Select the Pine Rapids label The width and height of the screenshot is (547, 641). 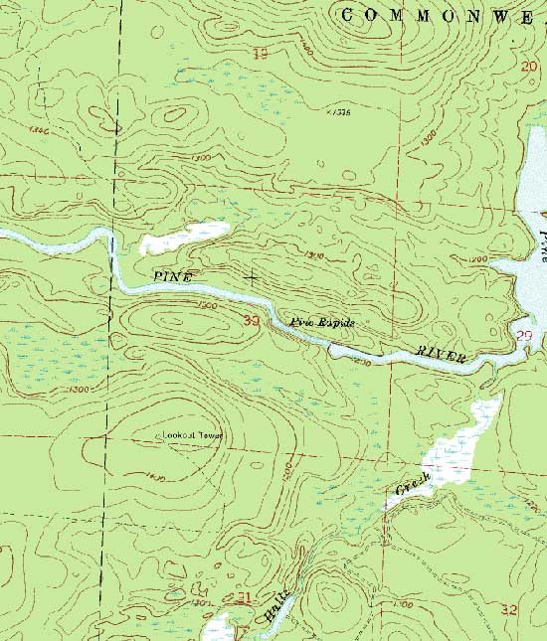pyautogui.click(x=321, y=323)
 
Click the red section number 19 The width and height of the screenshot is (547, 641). pyautogui.click(x=262, y=52)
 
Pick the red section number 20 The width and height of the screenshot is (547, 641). pyautogui.click(x=528, y=67)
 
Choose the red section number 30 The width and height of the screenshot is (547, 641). pyautogui.click(x=251, y=320)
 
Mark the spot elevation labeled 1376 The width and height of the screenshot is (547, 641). pyautogui.click(x=340, y=112)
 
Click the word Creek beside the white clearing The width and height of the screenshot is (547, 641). pyautogui.click(x=413, y=487)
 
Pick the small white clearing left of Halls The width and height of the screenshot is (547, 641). pyautogui.click(x=218, y=629)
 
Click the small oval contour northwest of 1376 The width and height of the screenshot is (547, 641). pyautogui.click(x=174, y=115)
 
